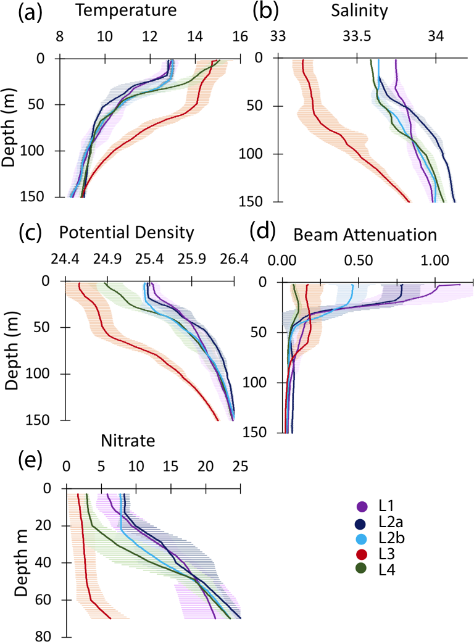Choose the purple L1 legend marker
coord(363,507)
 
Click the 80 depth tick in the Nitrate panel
coord(51,636)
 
